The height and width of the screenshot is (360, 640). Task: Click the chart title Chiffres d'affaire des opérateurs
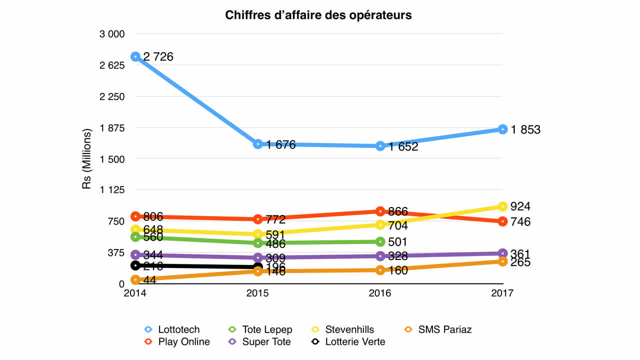pos(318,15)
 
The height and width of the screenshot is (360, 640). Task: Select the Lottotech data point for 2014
pos(135,56)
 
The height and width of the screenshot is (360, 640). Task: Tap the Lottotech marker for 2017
pos(502,129)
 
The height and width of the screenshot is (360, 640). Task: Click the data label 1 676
pos(281,145)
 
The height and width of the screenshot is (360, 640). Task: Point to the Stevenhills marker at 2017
pos(502,206)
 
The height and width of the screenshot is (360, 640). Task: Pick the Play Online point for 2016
pos(380,211)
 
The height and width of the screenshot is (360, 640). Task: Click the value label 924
pos(520,206)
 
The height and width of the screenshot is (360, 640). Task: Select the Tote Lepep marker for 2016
pos(380,242)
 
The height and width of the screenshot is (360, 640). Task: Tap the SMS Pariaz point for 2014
pos(135,280)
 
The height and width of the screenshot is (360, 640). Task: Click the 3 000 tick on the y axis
pos(112,34)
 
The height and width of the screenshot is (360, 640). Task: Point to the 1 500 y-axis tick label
pos(112,159)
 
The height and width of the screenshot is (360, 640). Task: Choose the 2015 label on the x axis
pos(257,294)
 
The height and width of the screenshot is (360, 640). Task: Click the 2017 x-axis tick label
pos(502,294)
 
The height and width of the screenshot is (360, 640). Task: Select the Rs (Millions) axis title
pos(87,159)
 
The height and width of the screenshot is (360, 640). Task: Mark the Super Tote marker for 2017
pos(502,253)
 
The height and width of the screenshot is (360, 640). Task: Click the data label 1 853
pos(525,130)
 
